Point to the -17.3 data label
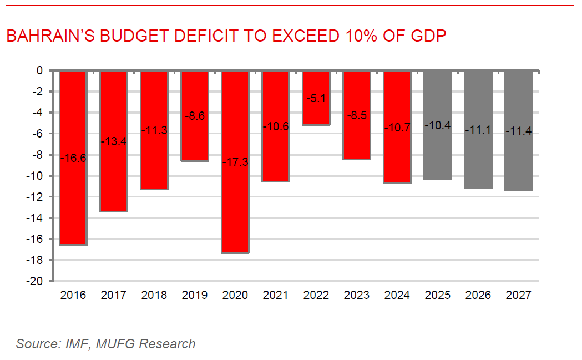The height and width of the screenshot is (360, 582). [235, 163]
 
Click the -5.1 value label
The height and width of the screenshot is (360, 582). [316, 98]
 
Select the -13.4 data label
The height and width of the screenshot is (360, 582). [114, 141]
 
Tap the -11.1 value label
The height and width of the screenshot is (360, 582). [478, 131]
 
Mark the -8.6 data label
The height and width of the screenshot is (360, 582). [195, 116]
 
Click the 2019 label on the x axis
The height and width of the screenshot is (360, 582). [195, 295]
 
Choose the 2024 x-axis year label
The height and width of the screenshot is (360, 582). [397, 295]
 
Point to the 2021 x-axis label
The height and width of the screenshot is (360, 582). [276, 295]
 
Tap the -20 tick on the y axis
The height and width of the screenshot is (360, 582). [36, 282]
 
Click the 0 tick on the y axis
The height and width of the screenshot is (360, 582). [39, 71]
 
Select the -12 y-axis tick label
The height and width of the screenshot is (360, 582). [36, 197]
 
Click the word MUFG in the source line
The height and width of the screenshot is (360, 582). [115, 344]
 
